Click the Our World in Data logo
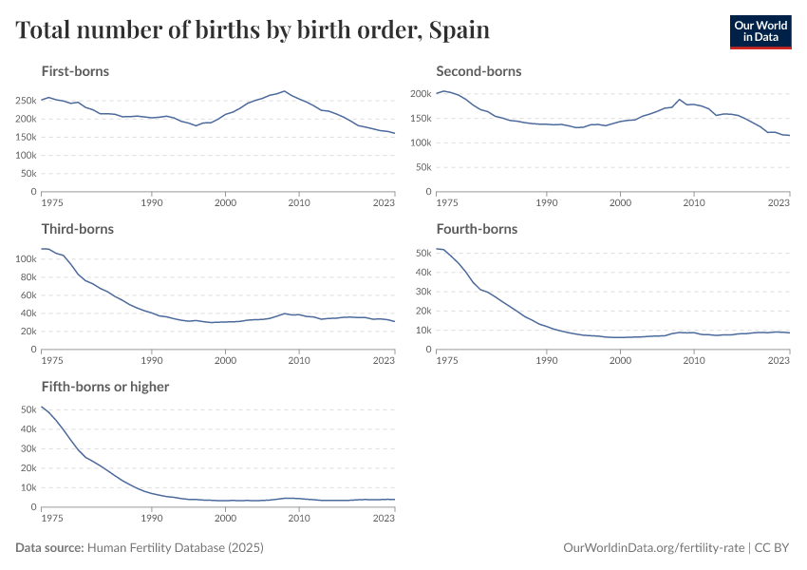tap(760, 31)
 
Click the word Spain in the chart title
tap(459, 30)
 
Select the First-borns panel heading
tap(75, 71)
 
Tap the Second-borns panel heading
tap(479, 71)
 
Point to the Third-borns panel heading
tap(77, 229)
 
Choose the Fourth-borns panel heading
tap(477, 229)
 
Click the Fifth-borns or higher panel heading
tap(104, 387)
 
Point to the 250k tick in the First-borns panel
tap(25, 100)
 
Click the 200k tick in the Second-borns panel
tap(420, 94)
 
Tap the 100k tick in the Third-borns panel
tap(25, 258)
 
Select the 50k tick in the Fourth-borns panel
tap(422, 253)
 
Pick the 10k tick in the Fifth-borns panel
tap(28, 487)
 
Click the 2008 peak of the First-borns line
tap(284, 91)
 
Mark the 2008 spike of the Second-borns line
tap(679, 100)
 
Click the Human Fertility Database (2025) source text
tap(175, 548)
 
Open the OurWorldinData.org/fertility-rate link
tap(653, 548)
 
